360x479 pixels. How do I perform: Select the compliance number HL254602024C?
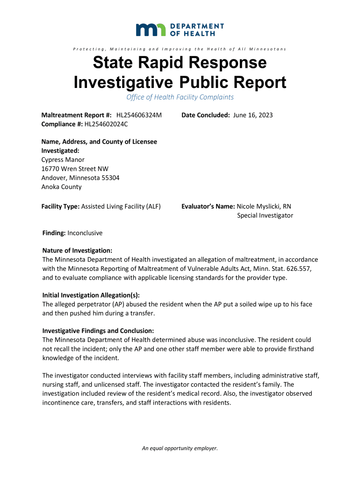click(106, 124)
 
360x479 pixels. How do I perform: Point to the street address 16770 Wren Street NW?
click(75, 168)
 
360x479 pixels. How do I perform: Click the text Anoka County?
click(62, 187)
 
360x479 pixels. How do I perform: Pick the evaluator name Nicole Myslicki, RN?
click(264, 206)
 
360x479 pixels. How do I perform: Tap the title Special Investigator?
click(265, 215)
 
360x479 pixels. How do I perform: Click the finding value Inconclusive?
click(85, 233)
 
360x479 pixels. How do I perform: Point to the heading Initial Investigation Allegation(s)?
click(91, 295)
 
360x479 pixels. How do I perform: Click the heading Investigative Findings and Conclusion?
click(98, 331)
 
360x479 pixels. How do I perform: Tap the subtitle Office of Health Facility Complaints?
click(180, 97)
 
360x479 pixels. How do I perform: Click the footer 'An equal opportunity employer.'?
click(180, 448)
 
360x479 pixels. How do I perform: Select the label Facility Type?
click(60, 206)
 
